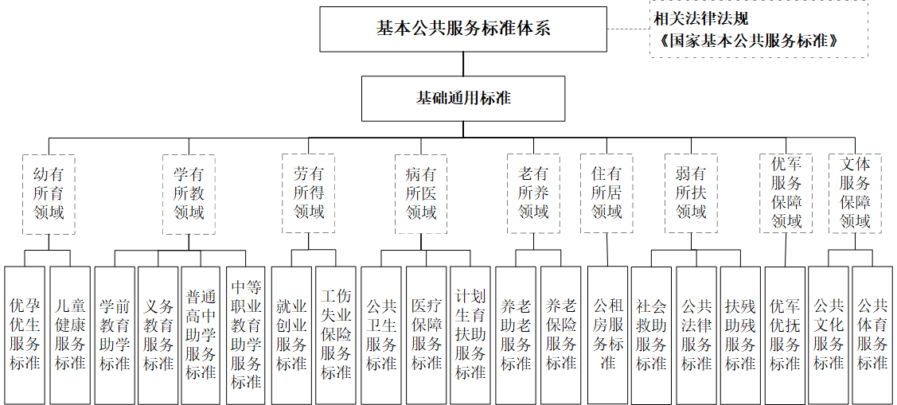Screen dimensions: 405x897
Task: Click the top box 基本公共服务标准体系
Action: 464,29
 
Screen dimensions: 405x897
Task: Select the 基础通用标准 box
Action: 464,99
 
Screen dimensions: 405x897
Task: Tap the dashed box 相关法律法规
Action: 758,29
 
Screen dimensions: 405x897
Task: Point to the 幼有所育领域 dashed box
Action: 49,193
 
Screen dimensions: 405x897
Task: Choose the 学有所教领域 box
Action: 189,193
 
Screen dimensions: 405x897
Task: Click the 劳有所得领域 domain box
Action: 309,193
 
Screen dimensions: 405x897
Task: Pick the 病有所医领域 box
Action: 421,193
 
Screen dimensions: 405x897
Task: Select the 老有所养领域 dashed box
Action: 533,193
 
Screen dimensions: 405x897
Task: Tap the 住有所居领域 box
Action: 606,193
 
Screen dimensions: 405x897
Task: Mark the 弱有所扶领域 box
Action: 691,193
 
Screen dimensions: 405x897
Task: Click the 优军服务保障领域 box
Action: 786,193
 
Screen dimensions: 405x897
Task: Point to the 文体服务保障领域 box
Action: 856,193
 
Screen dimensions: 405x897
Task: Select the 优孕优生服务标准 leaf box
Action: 25,334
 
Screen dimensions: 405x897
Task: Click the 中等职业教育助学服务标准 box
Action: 246,334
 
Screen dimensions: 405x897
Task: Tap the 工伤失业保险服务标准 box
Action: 336,334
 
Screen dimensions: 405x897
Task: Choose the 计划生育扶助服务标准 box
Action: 470,334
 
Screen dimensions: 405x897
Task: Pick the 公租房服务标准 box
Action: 607,334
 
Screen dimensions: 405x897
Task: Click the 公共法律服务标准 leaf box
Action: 696,334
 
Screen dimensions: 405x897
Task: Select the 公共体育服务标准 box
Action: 872,334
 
